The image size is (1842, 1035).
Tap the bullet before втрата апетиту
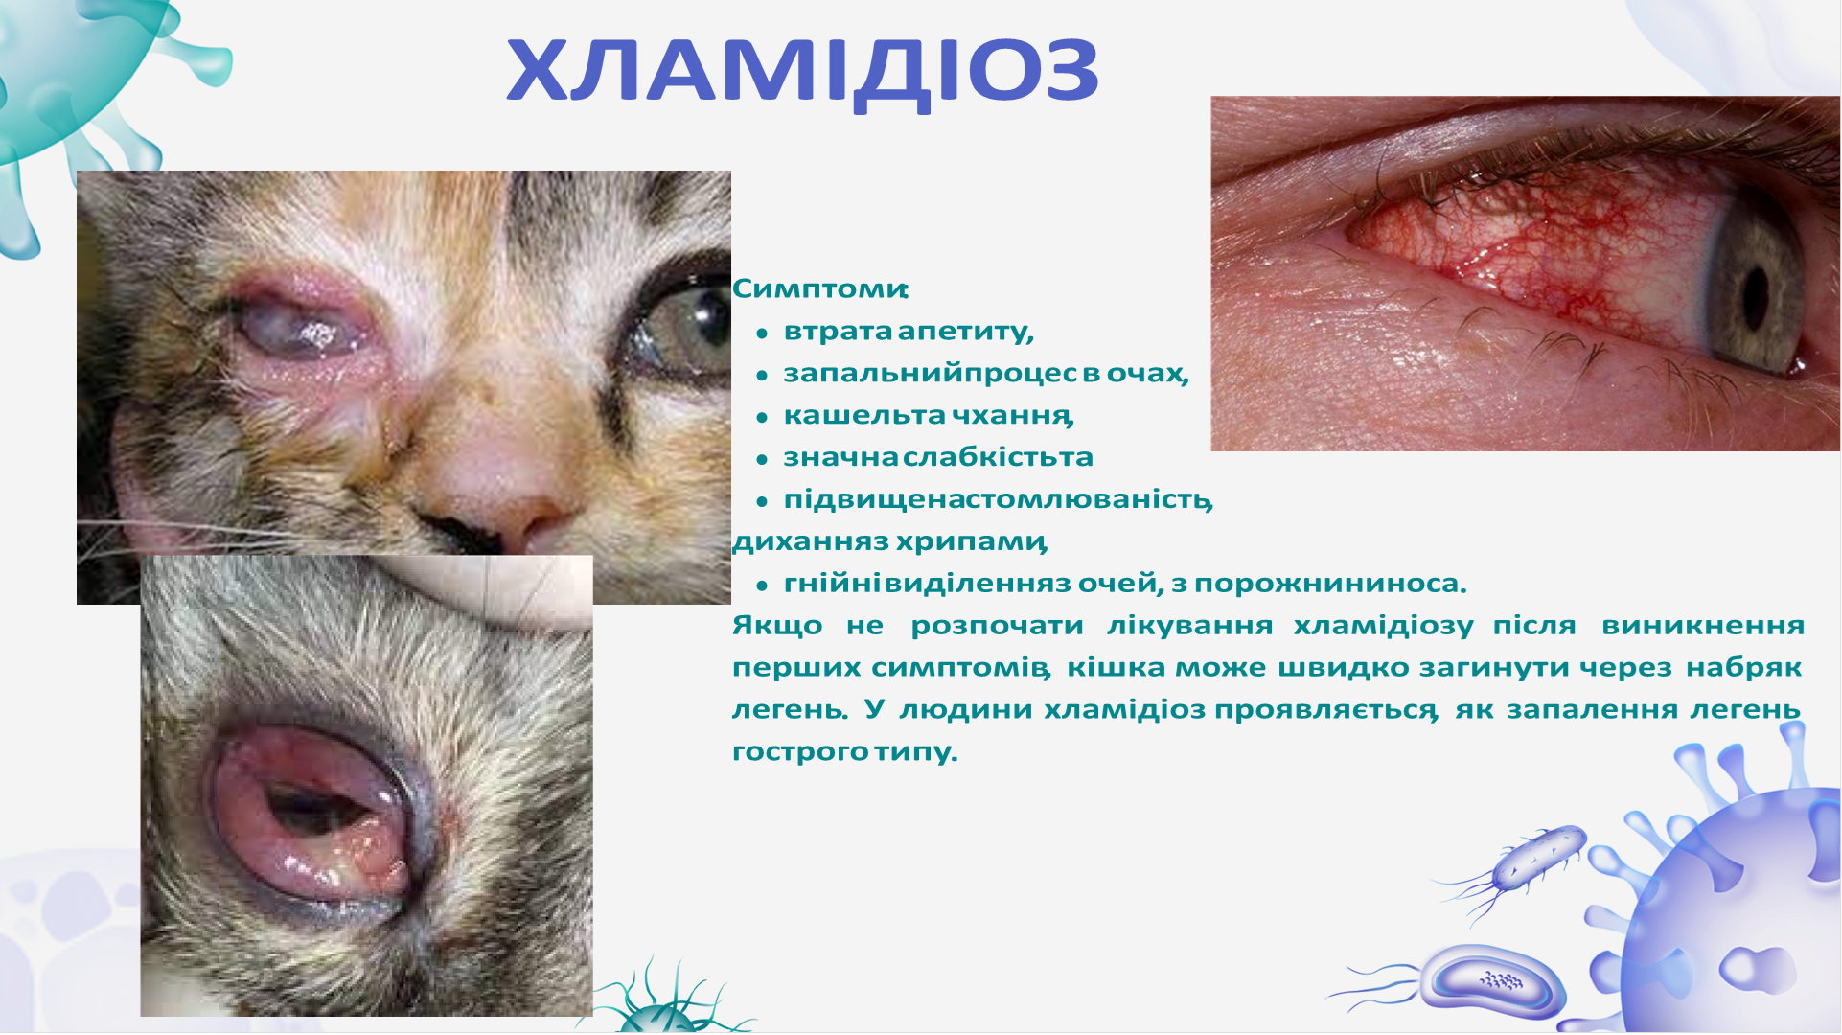762,333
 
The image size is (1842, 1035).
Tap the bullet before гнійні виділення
762,585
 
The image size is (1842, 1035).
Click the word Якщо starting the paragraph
776,626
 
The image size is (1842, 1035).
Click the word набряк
1743,667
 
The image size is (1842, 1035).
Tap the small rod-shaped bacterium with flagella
1539,858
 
